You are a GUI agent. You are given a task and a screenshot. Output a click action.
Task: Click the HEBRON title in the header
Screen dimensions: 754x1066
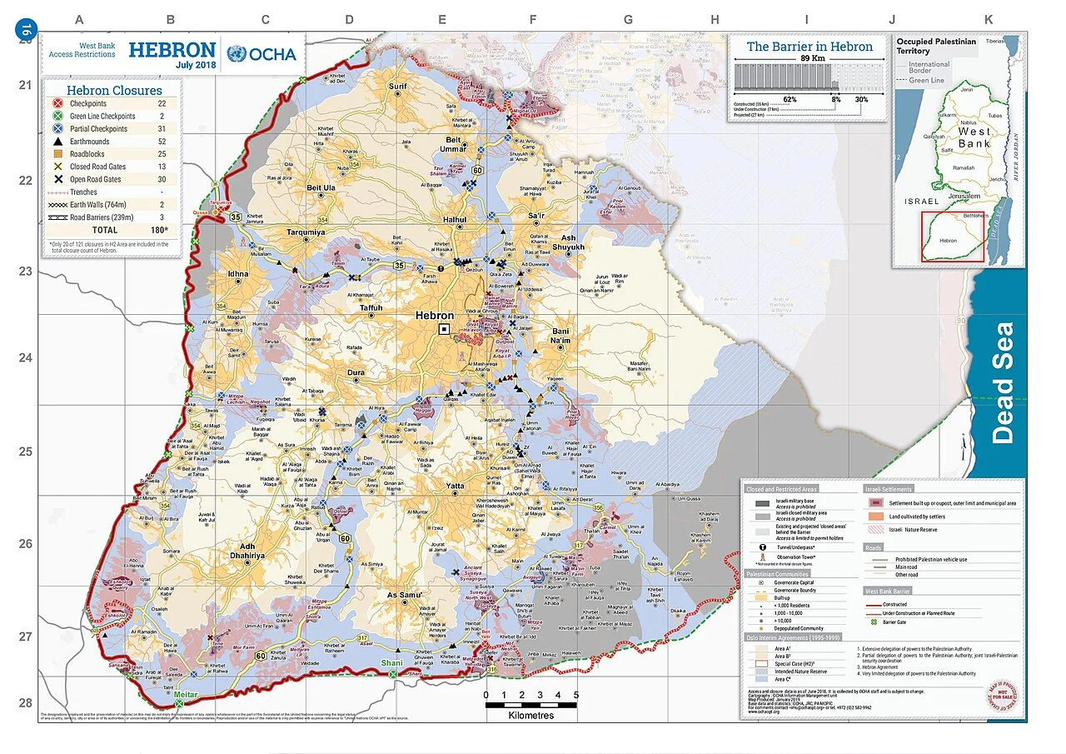coord(172,49)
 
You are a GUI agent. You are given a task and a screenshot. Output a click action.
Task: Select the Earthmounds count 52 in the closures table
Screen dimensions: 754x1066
coord(162,142)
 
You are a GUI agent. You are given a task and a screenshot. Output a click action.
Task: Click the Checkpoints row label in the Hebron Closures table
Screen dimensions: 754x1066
coord(87,103)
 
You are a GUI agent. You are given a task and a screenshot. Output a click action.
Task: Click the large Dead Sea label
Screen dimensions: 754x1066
coord(1004,382)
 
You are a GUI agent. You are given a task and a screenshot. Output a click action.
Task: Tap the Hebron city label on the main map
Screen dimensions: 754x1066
coord(435,316)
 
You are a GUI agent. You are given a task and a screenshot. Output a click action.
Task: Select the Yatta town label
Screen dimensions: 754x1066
coord(455,486)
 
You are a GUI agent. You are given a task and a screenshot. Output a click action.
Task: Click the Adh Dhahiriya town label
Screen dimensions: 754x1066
coord(246,550)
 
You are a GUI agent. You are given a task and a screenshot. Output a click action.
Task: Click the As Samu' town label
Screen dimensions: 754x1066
coord(406,595)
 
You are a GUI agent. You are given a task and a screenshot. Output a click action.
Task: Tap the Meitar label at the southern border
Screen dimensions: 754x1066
coord(187,694)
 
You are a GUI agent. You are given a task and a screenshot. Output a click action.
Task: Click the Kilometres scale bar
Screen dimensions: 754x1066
coord(531,706)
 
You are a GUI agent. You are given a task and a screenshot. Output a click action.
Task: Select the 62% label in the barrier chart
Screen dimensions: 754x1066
coord(790,99)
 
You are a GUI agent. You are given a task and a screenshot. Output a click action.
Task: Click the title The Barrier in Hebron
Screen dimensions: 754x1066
coord(809,47)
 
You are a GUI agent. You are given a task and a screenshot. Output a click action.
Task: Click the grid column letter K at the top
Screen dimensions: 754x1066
coord(989,19)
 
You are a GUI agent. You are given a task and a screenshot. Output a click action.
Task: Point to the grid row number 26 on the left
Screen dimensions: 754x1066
coord(26,543)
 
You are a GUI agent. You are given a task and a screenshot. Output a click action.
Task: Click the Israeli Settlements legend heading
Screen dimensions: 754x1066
coord(888,489)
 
